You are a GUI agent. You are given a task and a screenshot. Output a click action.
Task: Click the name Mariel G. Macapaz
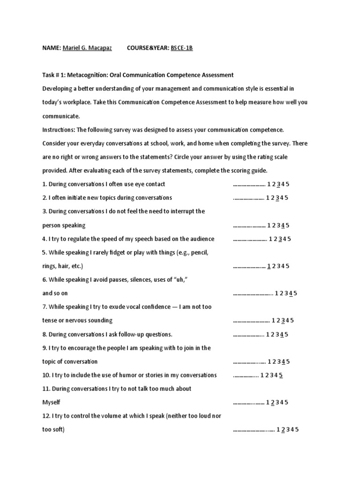[x=87, y=48]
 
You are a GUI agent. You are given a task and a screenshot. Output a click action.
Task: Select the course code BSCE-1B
[x=181, y=48]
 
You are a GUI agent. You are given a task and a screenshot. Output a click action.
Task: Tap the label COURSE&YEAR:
[x=147, y=48]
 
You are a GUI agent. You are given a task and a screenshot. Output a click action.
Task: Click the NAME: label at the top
[x=51, y=48]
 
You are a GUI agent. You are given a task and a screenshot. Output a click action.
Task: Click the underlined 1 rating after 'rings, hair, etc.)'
[x=269, y=266]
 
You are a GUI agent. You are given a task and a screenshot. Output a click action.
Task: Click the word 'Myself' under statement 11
[x=52, y=402]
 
